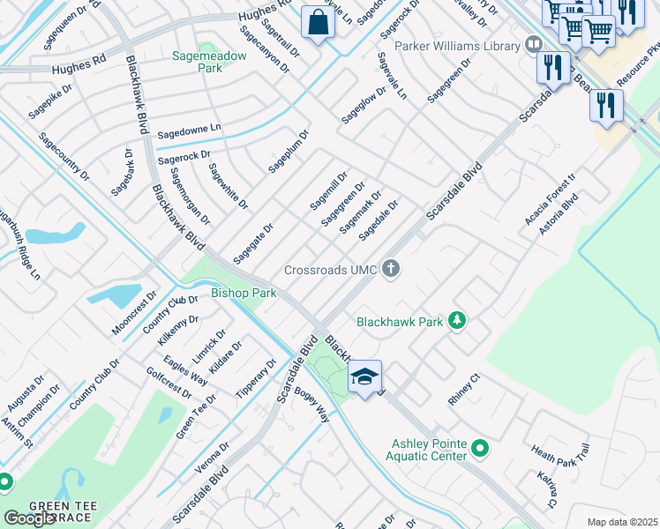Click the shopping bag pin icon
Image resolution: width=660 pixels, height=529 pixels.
coord(318,23)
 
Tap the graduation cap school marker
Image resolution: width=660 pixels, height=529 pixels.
coord(364,377)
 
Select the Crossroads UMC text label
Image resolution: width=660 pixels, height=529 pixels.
coord(331,269)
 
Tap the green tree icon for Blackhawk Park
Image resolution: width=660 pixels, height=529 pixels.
coord(457,321)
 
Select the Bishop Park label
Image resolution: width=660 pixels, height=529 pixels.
coord(244,293)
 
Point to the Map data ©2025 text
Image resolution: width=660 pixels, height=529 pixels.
coord(622,522)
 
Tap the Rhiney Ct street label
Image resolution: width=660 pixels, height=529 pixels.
coord(462,390)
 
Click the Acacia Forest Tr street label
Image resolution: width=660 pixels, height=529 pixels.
coord(549,199)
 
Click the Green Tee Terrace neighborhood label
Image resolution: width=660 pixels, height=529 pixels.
coord(59,511)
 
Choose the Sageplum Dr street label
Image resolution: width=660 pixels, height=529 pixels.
coord(289,151)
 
